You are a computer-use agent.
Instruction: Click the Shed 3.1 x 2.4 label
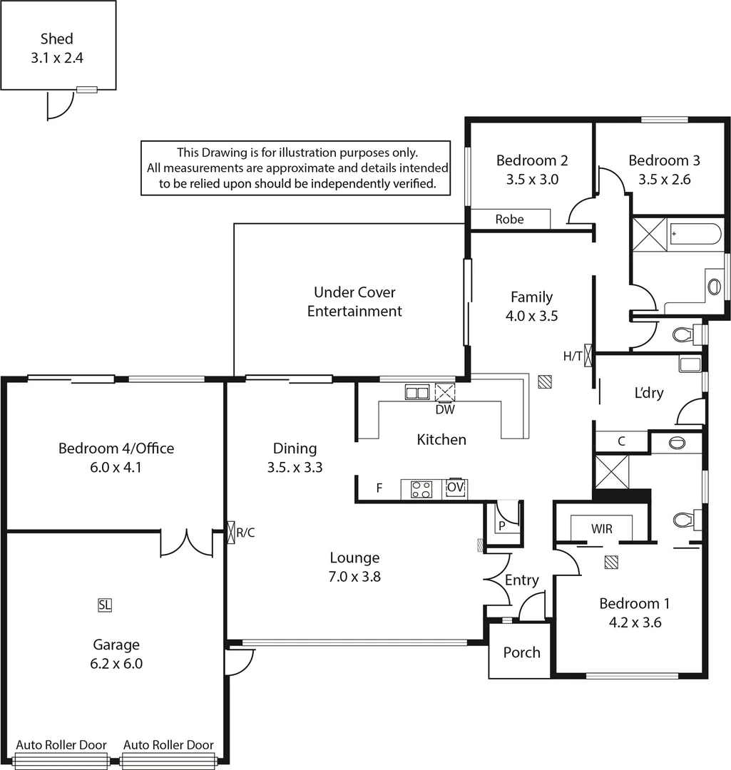click(x=57, y=49)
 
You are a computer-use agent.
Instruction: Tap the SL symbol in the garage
click(x=105, y=605)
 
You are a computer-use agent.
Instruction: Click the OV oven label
click(x=456, y=488)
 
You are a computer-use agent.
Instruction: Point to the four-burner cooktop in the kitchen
click(x=421, y=489)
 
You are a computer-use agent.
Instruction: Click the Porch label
click(x=521, y=652)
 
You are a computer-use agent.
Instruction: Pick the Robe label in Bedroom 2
click(x=509, y=220)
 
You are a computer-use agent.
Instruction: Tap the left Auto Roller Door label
click(x=61, y=745)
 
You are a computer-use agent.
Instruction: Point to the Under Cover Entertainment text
click(x=354, y=302)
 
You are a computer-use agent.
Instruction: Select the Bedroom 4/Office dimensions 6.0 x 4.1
click(x=116, y=468)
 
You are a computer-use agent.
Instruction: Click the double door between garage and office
click(x=186, y=543)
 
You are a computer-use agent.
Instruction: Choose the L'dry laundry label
click(x=649, y=393)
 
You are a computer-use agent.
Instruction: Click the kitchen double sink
click(x=417, y=392)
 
